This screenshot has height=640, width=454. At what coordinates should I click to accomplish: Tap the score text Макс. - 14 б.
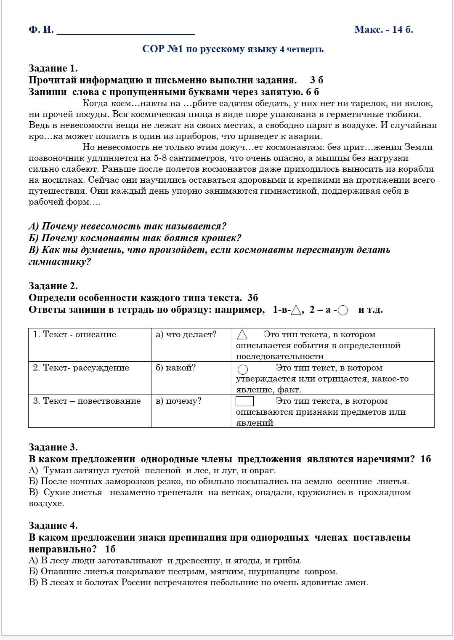point(383,29)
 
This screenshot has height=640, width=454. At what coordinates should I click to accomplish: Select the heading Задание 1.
point(53,68)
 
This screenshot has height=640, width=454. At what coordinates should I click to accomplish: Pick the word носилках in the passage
point(64,180)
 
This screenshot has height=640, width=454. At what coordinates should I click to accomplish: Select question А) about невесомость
point(127,226)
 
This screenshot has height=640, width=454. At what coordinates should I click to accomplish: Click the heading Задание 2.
point(53,286)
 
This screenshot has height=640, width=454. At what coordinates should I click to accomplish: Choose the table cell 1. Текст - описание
point(74,335)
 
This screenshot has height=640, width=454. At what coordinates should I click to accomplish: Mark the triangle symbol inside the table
point(242,335)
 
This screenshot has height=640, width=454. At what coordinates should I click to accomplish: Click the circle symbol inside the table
point(243,369)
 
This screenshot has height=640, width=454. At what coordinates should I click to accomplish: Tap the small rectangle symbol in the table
point(244,401)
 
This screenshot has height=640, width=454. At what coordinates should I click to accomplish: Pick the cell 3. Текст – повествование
point(87,401)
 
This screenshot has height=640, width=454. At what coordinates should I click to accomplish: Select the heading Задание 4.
point(53,525)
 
